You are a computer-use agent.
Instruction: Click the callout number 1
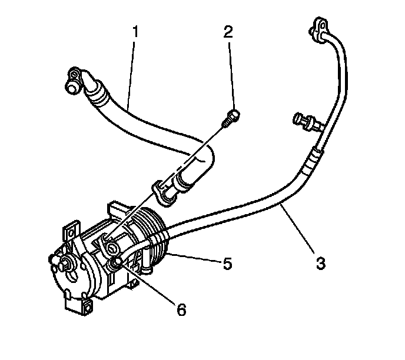coord(135,31)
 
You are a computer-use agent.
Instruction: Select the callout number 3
coord(320,264)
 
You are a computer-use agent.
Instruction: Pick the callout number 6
coord(181,308)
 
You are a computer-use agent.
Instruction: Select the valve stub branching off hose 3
coord(304,122)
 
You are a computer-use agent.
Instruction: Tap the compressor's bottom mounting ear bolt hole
coord(87,306)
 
